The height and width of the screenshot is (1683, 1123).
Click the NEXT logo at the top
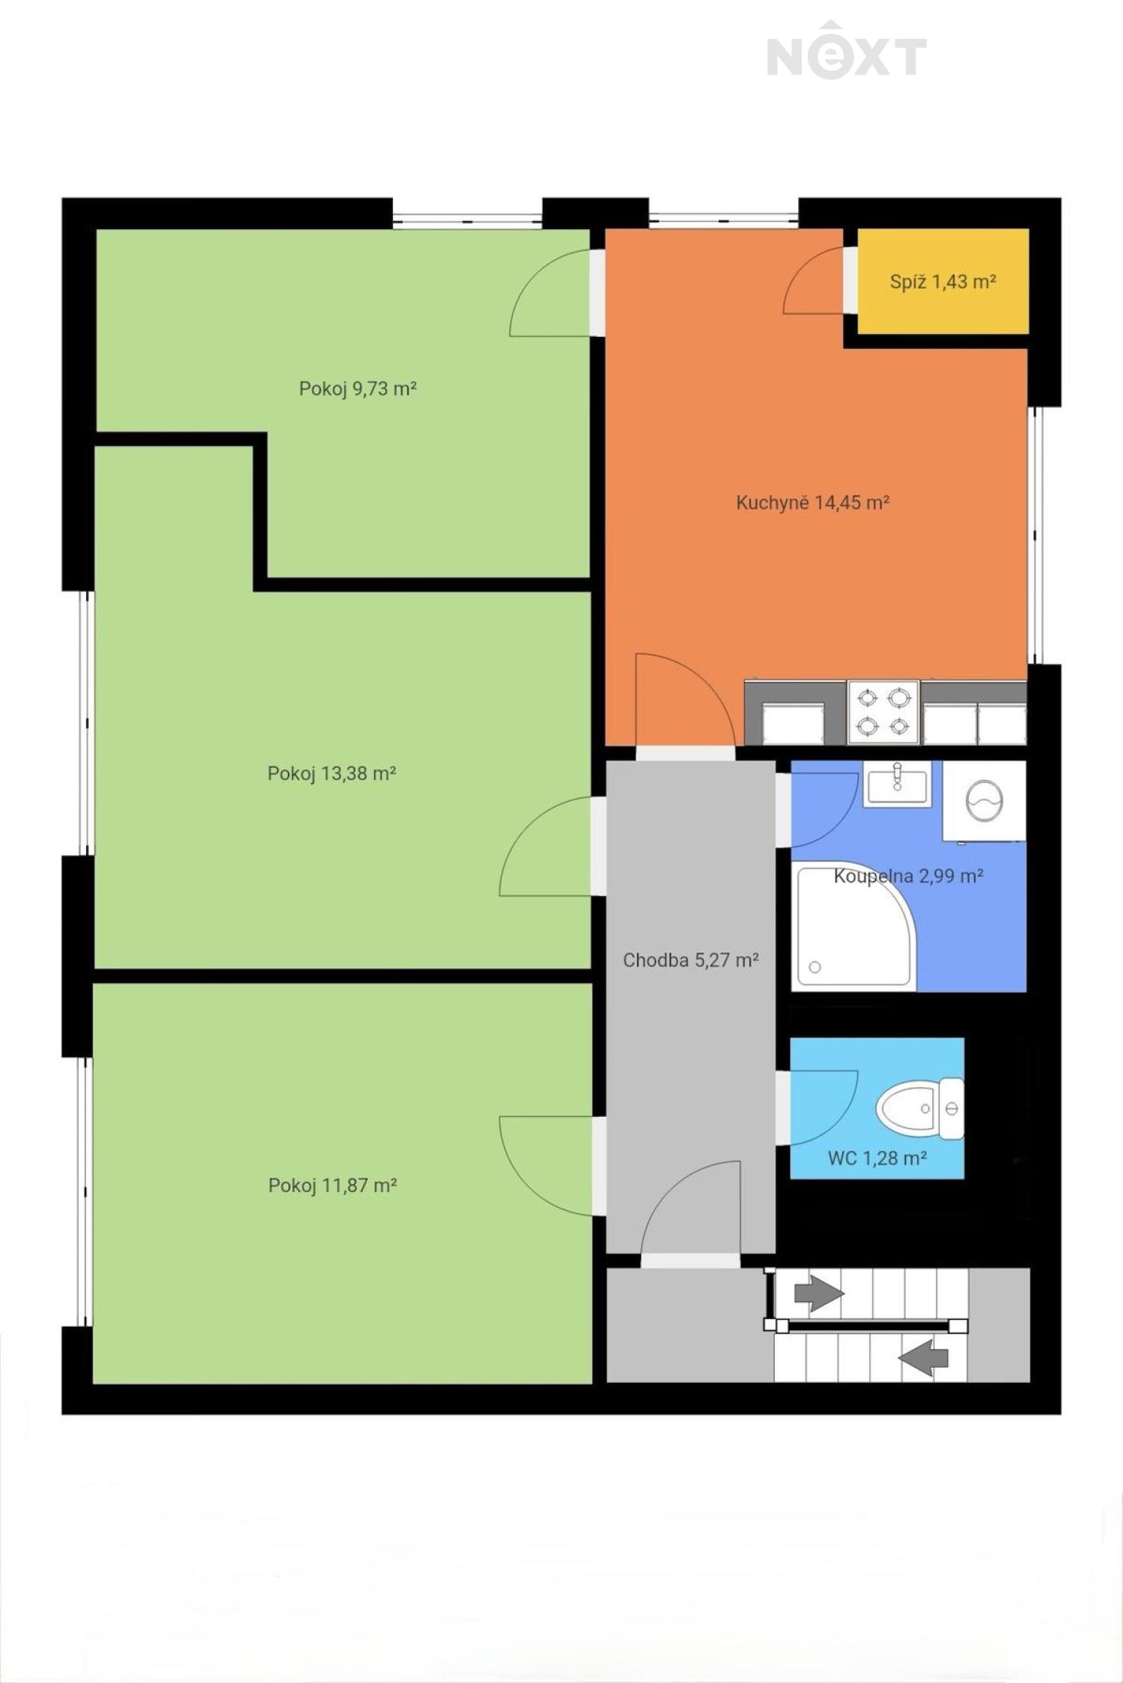point(847,52)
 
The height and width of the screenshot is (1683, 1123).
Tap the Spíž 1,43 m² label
point(943,282)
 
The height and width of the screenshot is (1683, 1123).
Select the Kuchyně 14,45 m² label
point(812,502)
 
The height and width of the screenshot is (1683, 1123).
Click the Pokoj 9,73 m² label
point(357,389)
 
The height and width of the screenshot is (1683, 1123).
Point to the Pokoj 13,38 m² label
point(332,773)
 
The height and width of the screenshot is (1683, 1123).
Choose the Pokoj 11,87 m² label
point(332,1185)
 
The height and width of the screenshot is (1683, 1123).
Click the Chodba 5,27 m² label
point(691,960)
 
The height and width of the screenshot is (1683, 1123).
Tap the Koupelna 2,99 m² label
point(908,875)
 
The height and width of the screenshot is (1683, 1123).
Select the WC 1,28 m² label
point(877,1158)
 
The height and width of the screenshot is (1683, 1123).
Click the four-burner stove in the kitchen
point(883,712)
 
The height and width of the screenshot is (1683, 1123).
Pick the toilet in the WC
point(919,1109)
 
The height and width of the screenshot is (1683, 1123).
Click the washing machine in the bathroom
point(984,801)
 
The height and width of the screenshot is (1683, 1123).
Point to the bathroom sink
point(897,784)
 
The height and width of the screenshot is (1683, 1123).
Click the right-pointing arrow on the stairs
point(819,1293)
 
